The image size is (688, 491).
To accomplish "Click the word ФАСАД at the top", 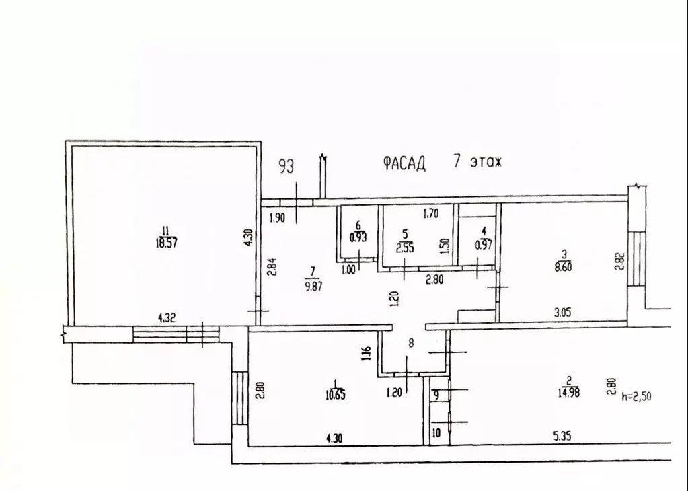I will (x=404, y=163).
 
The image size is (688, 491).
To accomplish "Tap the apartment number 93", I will (x=286, y=166).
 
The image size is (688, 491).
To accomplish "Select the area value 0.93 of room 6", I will (x=358, y=237).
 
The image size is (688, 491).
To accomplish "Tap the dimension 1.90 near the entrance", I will (x=278, y=217).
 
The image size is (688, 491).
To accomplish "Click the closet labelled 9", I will (x=436, y=395).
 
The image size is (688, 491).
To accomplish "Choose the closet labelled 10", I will (x=436, y=434).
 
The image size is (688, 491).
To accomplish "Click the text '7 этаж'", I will (x=478, y=163).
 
